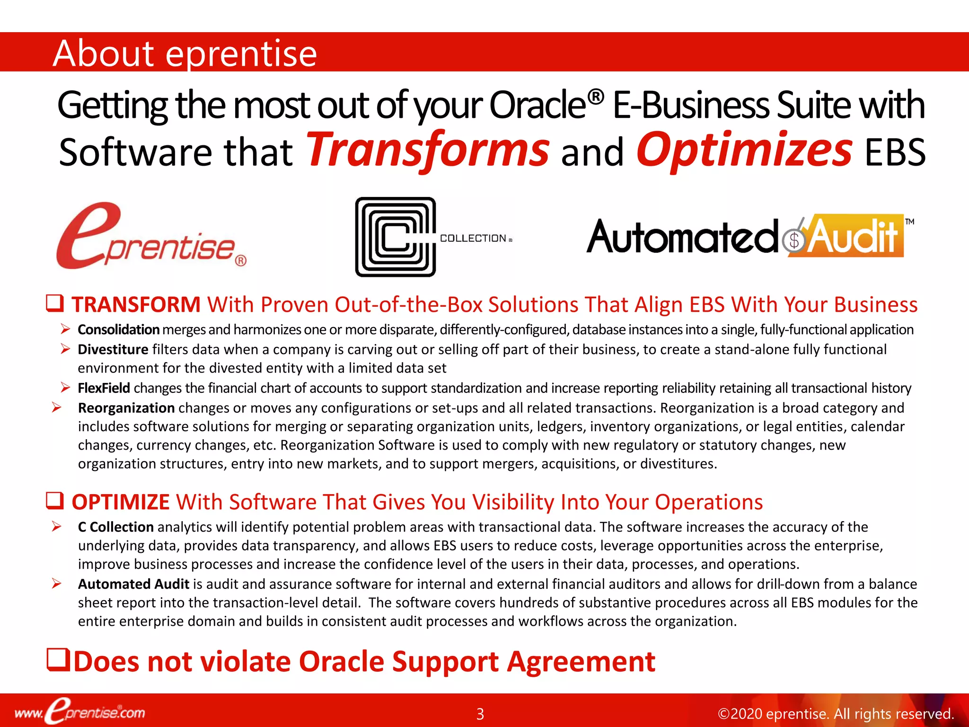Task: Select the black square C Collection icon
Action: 396,237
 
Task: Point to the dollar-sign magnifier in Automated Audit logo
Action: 793,240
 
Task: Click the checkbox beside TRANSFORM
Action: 55,303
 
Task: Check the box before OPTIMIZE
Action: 55,500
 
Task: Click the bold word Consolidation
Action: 118,329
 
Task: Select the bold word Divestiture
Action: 113,349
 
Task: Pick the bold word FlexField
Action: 104,388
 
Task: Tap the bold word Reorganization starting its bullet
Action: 126,408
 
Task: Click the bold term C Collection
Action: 115,527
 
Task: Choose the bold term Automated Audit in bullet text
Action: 133,584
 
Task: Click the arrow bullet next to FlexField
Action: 65,388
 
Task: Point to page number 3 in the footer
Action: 480,714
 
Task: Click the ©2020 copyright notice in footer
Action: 835,714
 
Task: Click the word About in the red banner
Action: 103,53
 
